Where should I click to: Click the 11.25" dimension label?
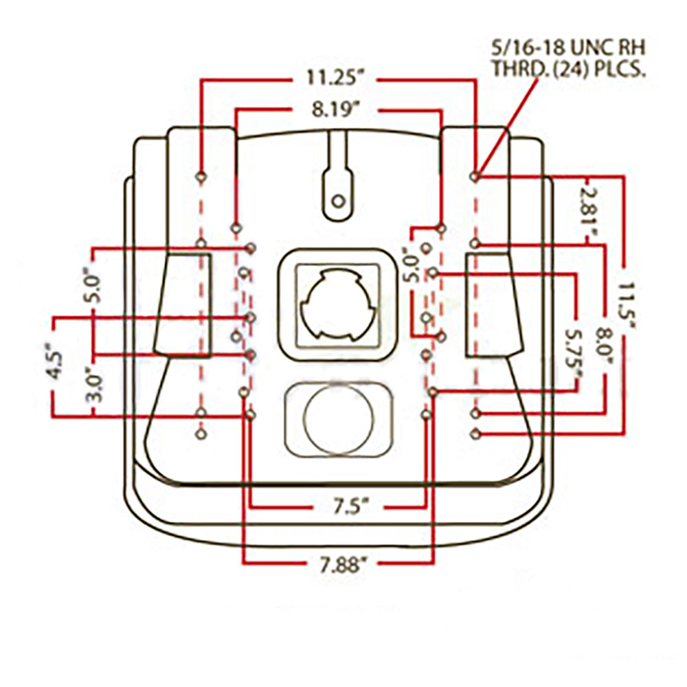pyautogui.click(x=335, y=78)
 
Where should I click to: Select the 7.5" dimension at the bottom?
pyautogui.click(x=349, y=508)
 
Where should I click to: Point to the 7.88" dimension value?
pyautogui.click(x=342, y=565)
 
